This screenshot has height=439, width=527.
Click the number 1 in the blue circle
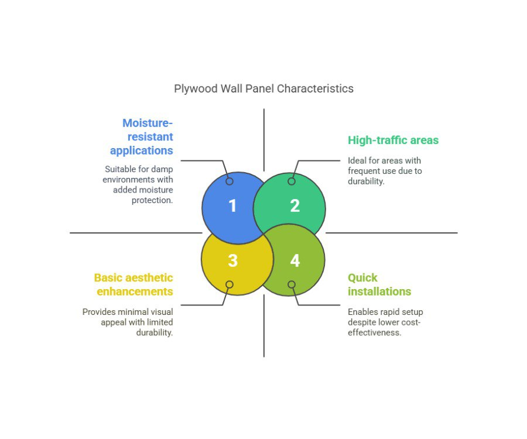click(232, 205)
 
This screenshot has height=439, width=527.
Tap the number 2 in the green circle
click(295, 205)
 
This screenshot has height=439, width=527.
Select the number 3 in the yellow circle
click(232, 260)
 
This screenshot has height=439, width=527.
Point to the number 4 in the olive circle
click(295, 260)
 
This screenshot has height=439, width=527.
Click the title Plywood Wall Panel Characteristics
click(264, 88)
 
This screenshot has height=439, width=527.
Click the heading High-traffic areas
click(393, 140)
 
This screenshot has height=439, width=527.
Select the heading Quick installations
click(379, 284)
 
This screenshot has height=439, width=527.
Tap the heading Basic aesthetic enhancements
click(134, 284)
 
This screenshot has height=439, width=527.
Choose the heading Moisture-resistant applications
click(142, 137)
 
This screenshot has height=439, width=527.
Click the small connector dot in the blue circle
click(230, 181)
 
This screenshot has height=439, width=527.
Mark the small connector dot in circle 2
click(292, 181)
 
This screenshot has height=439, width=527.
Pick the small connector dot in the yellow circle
click(230, 284)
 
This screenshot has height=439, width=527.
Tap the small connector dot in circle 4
click(292, 284)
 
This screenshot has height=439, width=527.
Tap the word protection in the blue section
click(152, 201)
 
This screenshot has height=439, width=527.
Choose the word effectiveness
click(374, 332)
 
